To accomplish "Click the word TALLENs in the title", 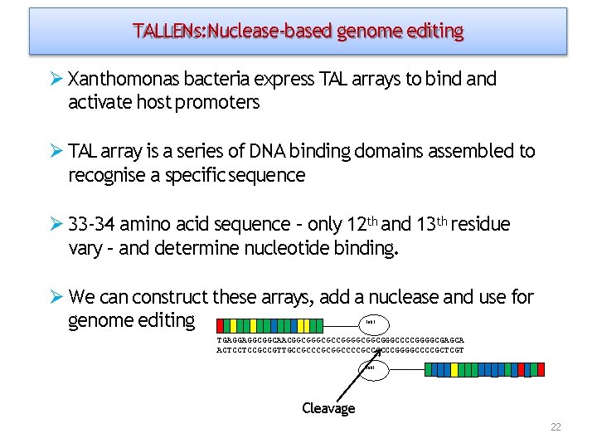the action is pos(168,32).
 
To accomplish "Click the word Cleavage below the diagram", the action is pos(328,408).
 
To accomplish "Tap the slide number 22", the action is pos(556,427).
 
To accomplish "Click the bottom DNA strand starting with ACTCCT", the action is pos(340,350).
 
